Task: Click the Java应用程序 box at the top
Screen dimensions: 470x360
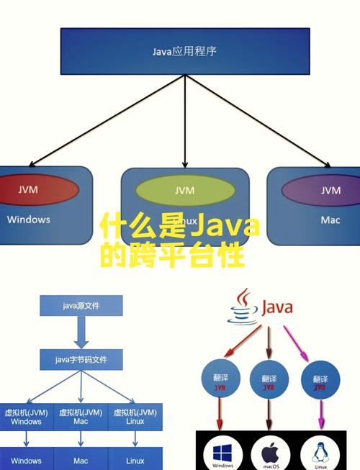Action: coord(184,51)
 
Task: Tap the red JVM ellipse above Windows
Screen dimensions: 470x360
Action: coord(29,190)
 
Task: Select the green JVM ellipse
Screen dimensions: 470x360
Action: coord(185,191)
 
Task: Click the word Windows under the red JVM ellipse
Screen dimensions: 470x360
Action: coord(29,220)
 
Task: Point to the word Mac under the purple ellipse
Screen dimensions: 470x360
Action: coord(330,220)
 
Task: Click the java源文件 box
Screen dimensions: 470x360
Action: coord(81,307)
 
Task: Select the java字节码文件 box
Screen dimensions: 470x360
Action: coord(81,359)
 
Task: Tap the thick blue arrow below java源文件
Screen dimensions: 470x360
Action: coord(81,333)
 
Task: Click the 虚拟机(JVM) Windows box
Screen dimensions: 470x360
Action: coord(26,417)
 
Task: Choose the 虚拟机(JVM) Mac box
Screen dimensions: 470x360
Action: coord(81,417)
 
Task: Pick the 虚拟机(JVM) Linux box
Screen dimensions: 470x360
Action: coord(135,417)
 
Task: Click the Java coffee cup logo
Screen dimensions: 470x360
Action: coord(244,308)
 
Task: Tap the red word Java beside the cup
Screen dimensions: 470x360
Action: coord(276,308)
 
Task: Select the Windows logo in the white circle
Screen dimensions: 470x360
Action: coord(222,451)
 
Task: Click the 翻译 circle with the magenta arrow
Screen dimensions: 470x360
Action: coord(318,382)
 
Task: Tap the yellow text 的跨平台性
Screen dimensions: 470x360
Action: coord(171,256)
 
